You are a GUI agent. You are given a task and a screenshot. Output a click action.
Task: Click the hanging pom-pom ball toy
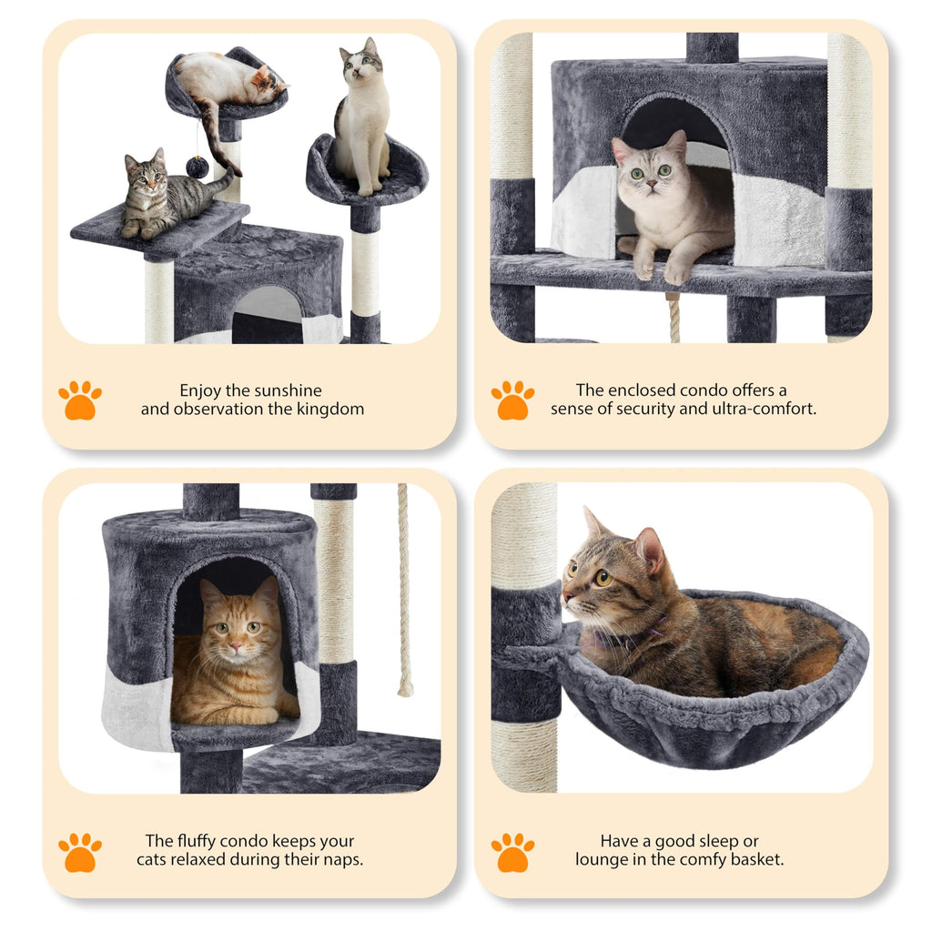pyautogui.click(x=198, y=167)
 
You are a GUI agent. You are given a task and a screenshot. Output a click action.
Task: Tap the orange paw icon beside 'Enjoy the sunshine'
pyautogui.click(x=80, y=400)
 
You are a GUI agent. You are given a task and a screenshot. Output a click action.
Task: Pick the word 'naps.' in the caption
pyautogui.click(x=342, y=860)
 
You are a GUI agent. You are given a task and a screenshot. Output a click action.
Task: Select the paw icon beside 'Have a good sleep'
pyautogui.click(x=512, y=852)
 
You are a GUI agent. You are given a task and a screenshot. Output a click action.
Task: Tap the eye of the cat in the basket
pyautogui.click(x=602, y=577)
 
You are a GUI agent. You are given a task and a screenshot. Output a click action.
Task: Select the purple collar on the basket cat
pyautogui.click(x=619, y=637)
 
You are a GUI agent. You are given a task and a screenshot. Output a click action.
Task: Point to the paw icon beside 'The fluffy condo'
pyautogui.click(x=80, y=852)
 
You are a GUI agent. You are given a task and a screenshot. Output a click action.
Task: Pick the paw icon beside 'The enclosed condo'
pyautogui.click(x=512, y=400)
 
